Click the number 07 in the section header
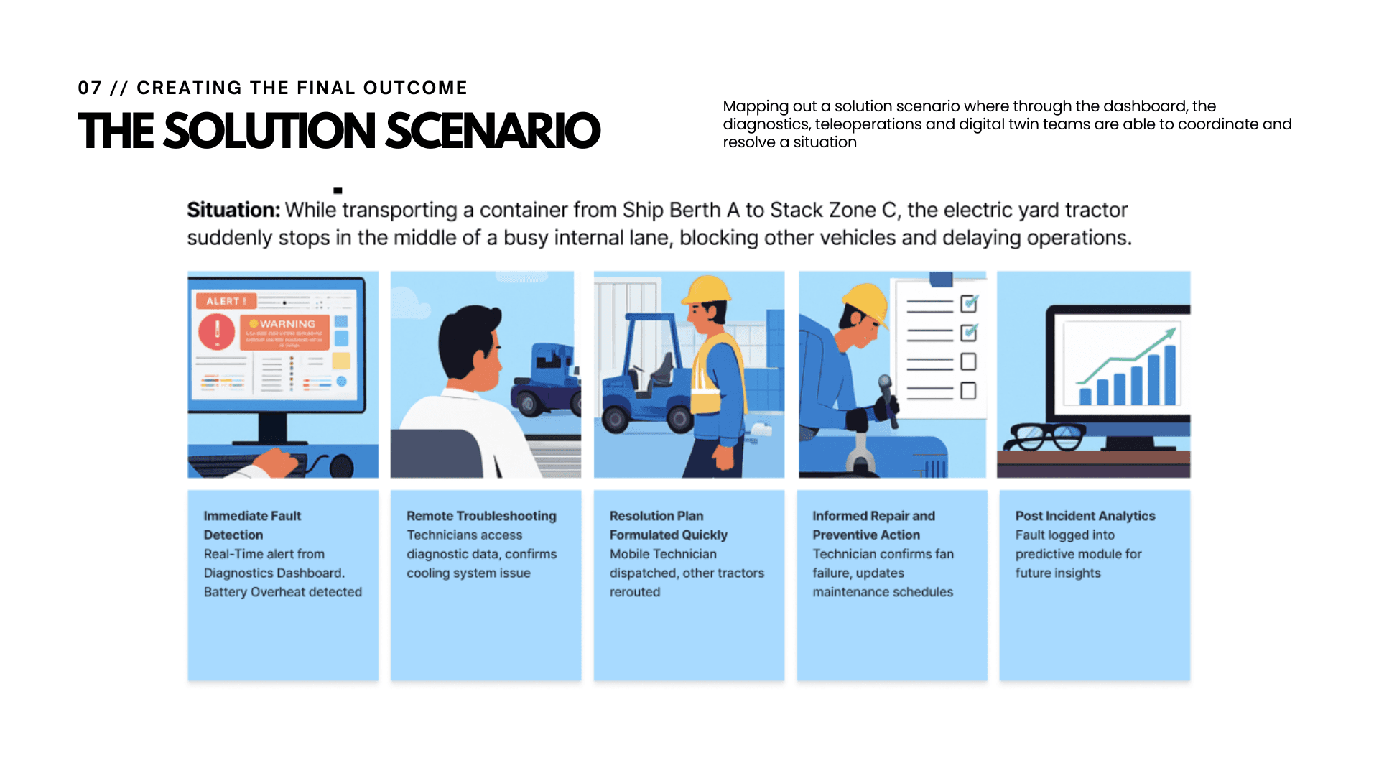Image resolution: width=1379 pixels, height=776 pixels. tap(90, 88)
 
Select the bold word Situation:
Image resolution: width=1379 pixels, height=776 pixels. tap(233, 210)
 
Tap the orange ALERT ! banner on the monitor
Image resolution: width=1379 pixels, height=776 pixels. tap(226, 301)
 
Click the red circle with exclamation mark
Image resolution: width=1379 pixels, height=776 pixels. tap(216, 331)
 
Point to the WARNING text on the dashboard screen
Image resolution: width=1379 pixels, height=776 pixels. tap(287, 324)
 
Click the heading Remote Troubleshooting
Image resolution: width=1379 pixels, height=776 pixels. tap(481, 516)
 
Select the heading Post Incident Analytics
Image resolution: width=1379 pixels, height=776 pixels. tap(1085, 516)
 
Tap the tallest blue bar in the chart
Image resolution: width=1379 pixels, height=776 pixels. tap(1170, 374)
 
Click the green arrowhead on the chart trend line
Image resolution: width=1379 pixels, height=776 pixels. tap(1171, 333)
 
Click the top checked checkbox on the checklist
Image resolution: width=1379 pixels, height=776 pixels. tap(968, 304)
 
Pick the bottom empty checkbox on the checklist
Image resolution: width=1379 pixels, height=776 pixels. tap(968, 391)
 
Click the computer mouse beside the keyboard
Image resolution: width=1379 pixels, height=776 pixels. tap(342, 466)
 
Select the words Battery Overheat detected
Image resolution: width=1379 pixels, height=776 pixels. tap(282, 592)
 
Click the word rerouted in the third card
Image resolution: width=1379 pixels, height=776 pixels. tap(634, 592)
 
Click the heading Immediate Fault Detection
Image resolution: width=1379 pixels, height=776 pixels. tap(251, 525)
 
